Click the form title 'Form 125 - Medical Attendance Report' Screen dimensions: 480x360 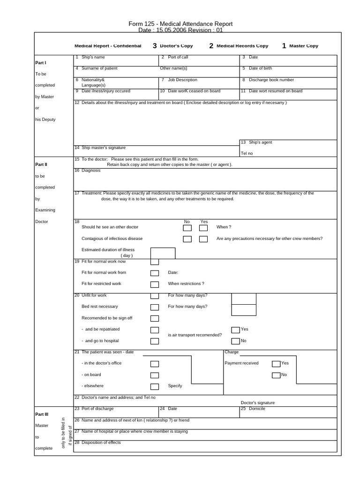(x=180, y=24)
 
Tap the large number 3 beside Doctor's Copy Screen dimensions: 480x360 (x=155, y=46)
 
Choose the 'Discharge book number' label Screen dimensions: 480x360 (x=271, y=80)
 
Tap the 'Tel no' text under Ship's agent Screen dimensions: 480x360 (x=247, y=153)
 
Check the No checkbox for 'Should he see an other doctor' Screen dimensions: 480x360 (x=187, y=228)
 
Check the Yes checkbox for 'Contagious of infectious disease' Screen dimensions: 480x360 (x=203, y=239)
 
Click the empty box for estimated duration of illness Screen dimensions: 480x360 (x=163, y=253)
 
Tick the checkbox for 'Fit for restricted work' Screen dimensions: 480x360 (x=155, y=285)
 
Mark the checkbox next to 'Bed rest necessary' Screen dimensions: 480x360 (x=155, y=307)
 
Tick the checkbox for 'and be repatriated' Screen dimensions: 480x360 (x=155, y=330)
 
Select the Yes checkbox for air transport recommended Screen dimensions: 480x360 (x=236, y=330)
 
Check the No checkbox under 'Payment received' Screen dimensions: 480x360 (x=276, y=375)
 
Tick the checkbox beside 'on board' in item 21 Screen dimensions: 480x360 (x=155, y=375)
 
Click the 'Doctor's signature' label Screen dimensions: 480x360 (x=258, y=403)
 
